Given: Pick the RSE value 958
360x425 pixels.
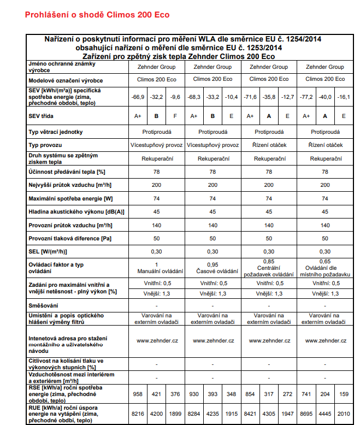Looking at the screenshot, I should coord(138,394).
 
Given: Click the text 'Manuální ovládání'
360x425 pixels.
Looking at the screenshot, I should coord(156,271).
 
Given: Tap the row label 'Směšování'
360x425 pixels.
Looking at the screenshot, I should coord(45,305).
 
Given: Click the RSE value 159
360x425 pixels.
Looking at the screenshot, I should coord(343,394).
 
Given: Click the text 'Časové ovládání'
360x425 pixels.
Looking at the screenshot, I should coord(213,271).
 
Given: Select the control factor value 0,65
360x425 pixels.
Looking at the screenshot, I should coord(325,262).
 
